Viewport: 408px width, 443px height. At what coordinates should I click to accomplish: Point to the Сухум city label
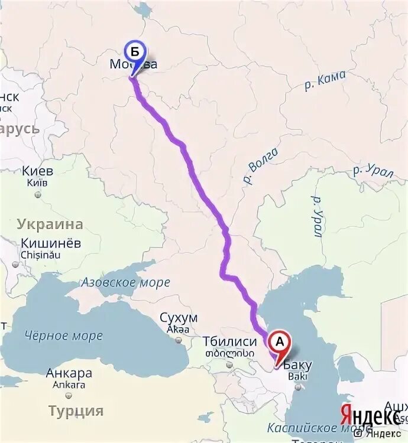(178, 318)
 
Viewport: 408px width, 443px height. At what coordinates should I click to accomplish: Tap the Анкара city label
(69, 373)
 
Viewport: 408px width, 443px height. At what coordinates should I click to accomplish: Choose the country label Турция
(76, 411)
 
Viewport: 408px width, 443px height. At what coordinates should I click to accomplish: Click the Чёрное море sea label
(63, 335)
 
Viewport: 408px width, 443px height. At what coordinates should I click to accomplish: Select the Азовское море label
(125, 282)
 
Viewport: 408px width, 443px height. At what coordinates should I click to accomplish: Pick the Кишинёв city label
(51, 243)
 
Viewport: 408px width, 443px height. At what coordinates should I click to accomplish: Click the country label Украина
(50, 224)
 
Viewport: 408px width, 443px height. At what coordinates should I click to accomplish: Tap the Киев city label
(38, 171)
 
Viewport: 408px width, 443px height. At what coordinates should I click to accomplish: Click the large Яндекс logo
(368, 415)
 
